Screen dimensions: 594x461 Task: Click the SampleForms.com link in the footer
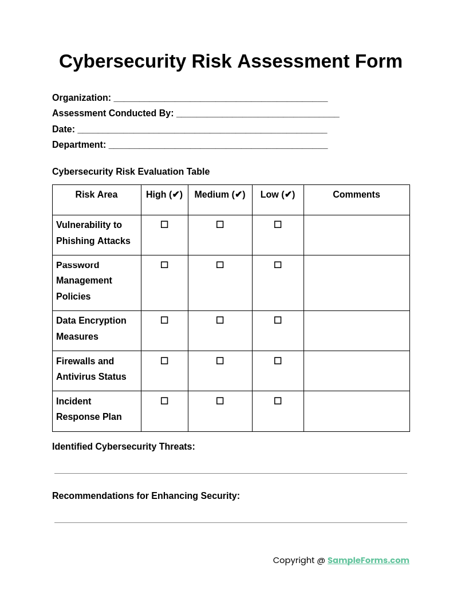coord(368,560)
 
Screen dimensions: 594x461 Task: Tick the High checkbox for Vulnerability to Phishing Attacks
coord(164,225)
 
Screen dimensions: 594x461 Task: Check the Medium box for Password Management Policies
coord(220,265)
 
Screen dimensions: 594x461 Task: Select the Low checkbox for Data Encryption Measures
coord(278,320)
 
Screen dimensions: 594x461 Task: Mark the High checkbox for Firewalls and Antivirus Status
coord(164,361)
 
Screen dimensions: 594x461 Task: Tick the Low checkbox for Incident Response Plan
coord(278,401)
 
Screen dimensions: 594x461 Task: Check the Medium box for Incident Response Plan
coord(220,401)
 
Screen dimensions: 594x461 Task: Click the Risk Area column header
coord(96,195)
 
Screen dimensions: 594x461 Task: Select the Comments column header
coord(356,195)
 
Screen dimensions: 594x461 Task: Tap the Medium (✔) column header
coord(220,195)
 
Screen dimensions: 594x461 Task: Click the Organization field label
coord(81,98)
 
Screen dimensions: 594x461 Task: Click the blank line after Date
coord(202,129)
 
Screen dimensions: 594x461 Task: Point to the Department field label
coord(79,145)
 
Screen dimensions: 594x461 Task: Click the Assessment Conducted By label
coord(113,113)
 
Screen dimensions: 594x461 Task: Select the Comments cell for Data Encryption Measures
coord(356,331)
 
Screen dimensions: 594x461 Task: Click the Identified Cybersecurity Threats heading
coord(124,447)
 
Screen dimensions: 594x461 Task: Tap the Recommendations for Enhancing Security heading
coord(146,496)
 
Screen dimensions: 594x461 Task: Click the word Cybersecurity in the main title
coord(123,61)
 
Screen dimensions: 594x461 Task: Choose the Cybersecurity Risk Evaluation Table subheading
coord(131,172)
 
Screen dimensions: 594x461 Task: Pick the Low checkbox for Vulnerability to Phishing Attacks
coord(278,225)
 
